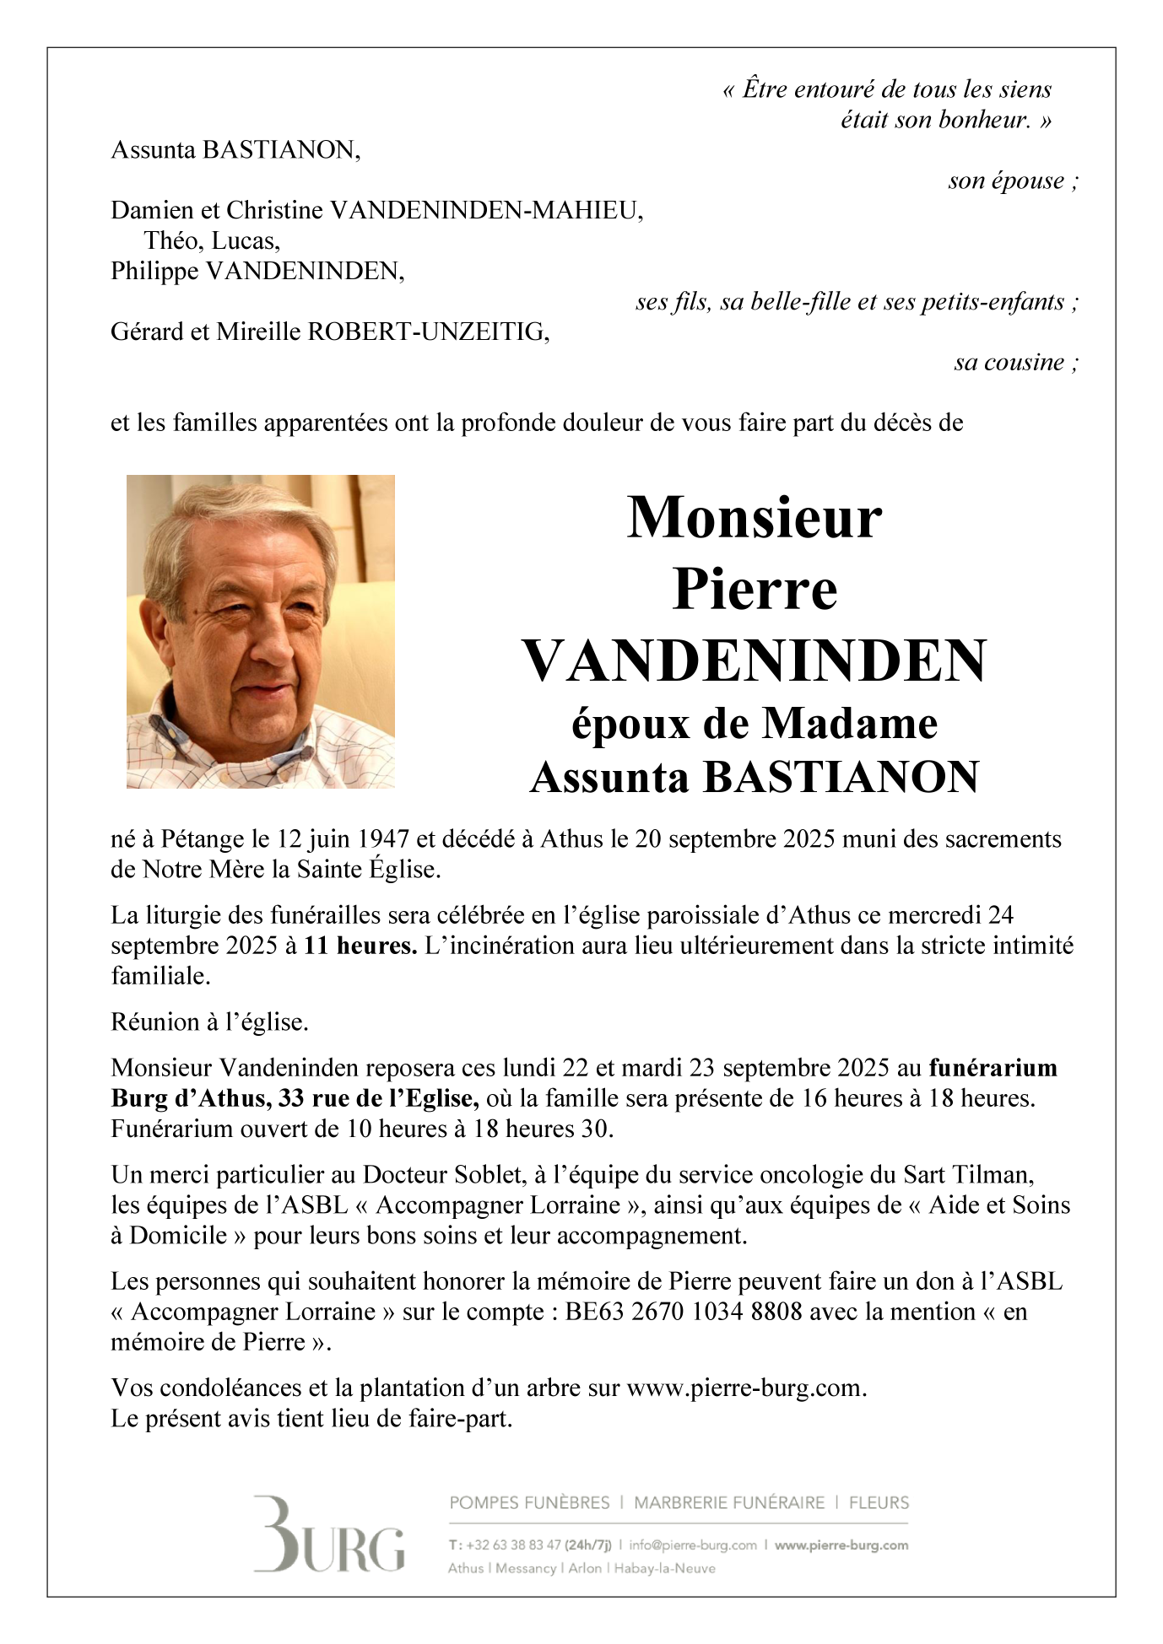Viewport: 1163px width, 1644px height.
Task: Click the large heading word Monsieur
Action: coord(755,517)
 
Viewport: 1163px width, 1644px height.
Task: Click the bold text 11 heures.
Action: coord(360,946)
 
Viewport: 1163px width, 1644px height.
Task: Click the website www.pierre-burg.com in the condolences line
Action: coord(745,1388)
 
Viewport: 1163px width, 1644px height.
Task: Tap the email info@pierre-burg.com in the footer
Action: coord(693,1545)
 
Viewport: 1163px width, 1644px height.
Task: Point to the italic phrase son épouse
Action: coord(1006,181)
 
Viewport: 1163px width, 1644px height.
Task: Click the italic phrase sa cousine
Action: coord(1009,363)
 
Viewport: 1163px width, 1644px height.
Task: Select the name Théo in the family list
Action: coord(173,241)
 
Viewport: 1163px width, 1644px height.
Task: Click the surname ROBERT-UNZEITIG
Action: coord(428,332)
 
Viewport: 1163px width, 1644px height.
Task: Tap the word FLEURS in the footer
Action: coord(879,1502)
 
